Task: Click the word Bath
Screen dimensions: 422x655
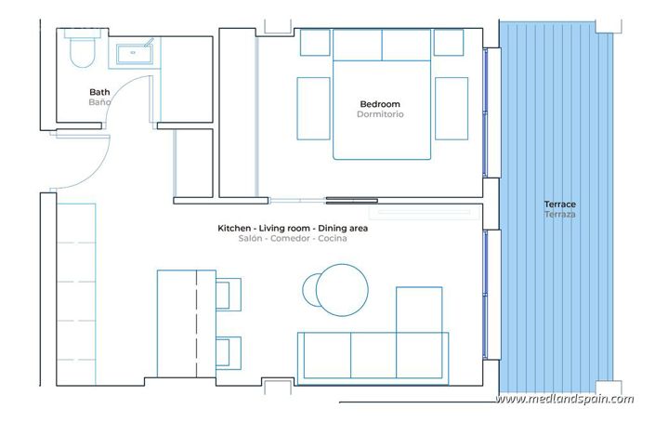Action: (99, 92)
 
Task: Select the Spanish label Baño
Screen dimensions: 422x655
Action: (99, 102)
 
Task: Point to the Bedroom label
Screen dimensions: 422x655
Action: (380, 103)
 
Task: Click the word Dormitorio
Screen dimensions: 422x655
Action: (380, 114)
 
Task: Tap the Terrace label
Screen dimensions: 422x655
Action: (560, 204)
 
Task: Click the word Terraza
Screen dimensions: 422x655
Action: (560, 215)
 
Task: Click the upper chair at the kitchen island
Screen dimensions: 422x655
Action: (229, 293)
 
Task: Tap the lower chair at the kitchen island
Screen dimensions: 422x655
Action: (229, 354)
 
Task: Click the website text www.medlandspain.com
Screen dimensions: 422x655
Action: (565, 400)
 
